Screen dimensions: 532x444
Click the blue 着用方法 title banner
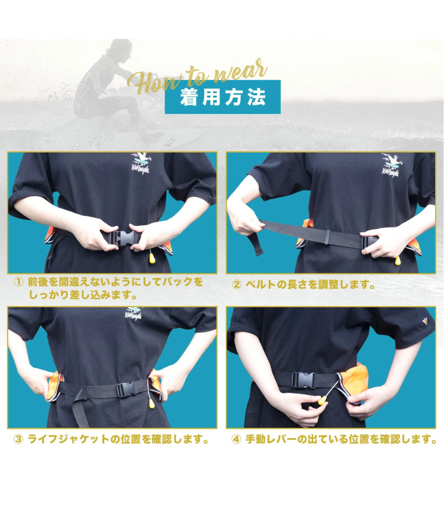point(222,97)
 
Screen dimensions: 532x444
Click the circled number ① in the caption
point(18,282)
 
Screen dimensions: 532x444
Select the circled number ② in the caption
point(236,285)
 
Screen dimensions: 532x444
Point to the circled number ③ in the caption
point(18,440)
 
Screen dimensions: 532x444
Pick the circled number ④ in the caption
point(236,440)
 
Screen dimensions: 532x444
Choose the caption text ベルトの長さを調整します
point(310,285)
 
